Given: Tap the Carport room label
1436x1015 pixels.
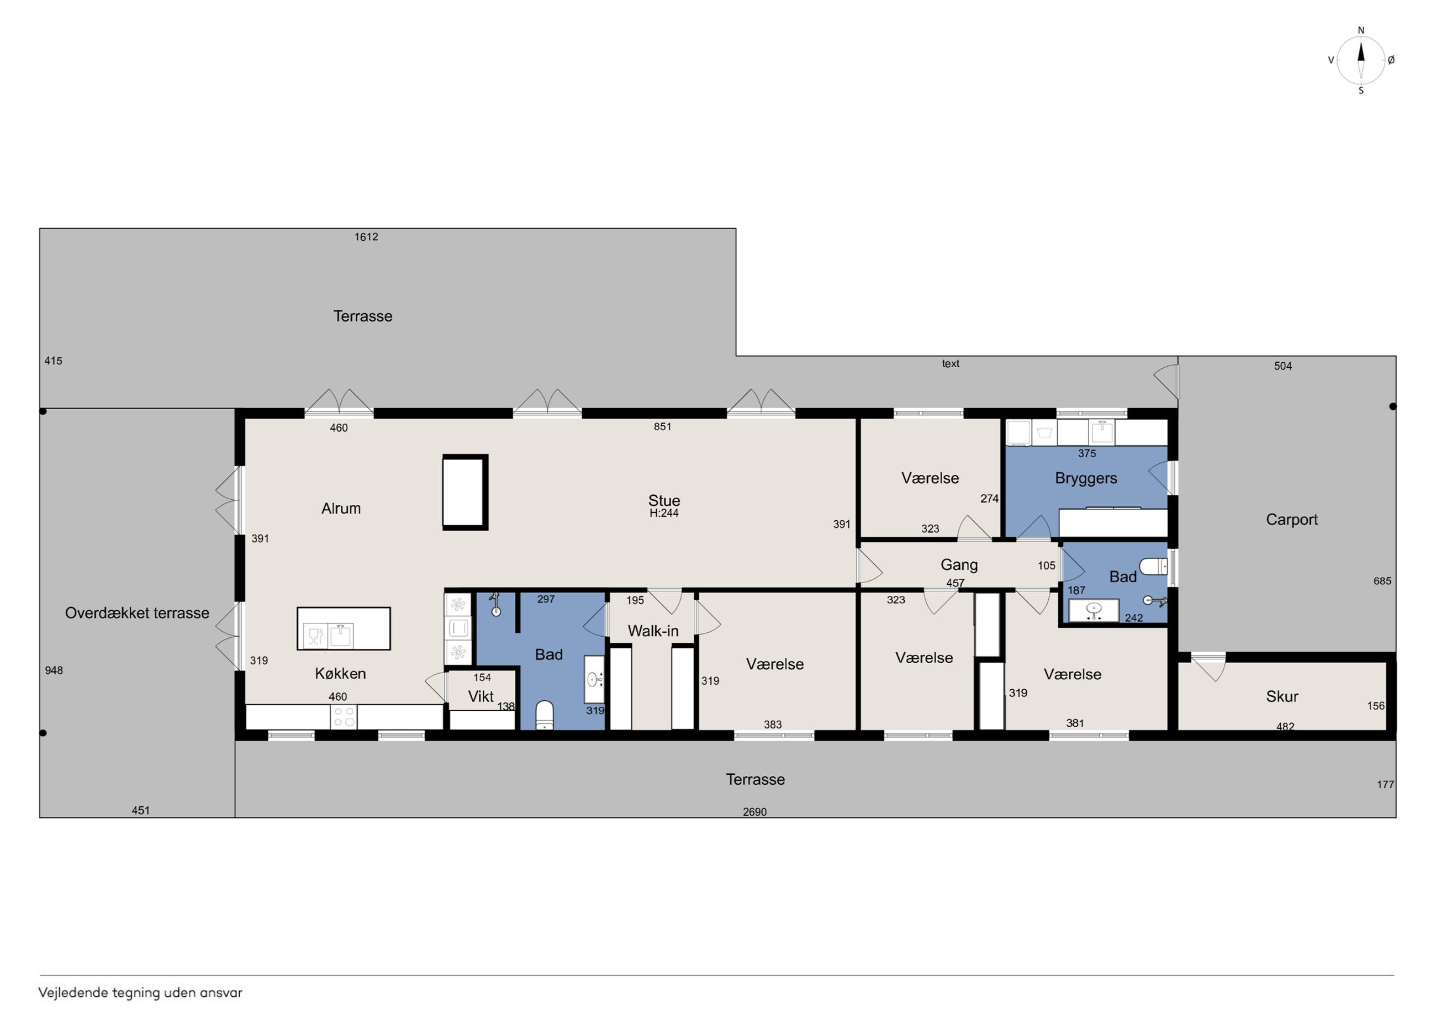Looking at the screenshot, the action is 1291,520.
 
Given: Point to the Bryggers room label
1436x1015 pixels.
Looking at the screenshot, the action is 1086,478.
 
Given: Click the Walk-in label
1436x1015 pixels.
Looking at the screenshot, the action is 653,631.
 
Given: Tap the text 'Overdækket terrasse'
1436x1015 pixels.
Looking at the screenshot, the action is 137,613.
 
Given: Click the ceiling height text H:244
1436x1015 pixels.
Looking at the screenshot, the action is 663,514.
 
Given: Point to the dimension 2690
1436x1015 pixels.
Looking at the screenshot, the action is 754,812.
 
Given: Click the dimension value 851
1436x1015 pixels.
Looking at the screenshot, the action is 662,426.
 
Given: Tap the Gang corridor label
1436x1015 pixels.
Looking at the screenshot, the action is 959,565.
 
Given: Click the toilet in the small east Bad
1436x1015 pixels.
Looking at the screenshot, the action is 1153,567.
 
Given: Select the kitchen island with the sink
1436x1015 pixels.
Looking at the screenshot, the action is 344,628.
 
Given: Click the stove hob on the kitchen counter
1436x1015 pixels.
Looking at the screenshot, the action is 344,717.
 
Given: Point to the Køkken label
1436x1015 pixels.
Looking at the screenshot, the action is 340,674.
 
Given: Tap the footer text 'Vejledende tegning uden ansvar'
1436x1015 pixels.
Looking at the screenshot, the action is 140,992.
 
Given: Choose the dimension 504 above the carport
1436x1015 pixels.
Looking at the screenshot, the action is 1283,366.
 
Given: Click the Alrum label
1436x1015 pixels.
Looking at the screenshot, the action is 341,509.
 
